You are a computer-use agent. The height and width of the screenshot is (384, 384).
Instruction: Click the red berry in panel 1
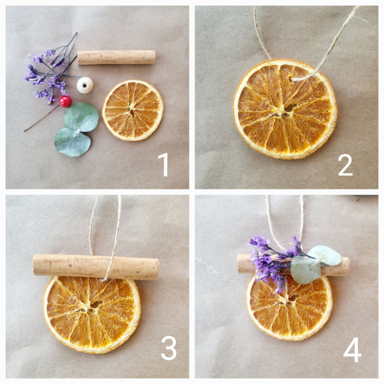pos(65,101)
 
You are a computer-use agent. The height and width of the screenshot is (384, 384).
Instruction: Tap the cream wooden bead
pos(85,85)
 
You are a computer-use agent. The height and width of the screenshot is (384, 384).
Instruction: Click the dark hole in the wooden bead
pos(85,86)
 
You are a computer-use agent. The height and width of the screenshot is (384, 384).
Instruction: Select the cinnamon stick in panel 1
pos(116,58)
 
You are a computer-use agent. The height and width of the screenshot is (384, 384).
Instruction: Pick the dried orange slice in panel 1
pos(133,110)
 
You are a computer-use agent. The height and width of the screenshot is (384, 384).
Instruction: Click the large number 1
pos(163,165)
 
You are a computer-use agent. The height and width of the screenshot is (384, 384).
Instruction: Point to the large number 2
pos(346,165)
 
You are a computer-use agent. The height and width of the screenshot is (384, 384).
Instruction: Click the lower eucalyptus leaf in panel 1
pos(73,142)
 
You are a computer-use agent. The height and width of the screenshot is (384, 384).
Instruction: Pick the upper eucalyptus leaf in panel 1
pos(81,117)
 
